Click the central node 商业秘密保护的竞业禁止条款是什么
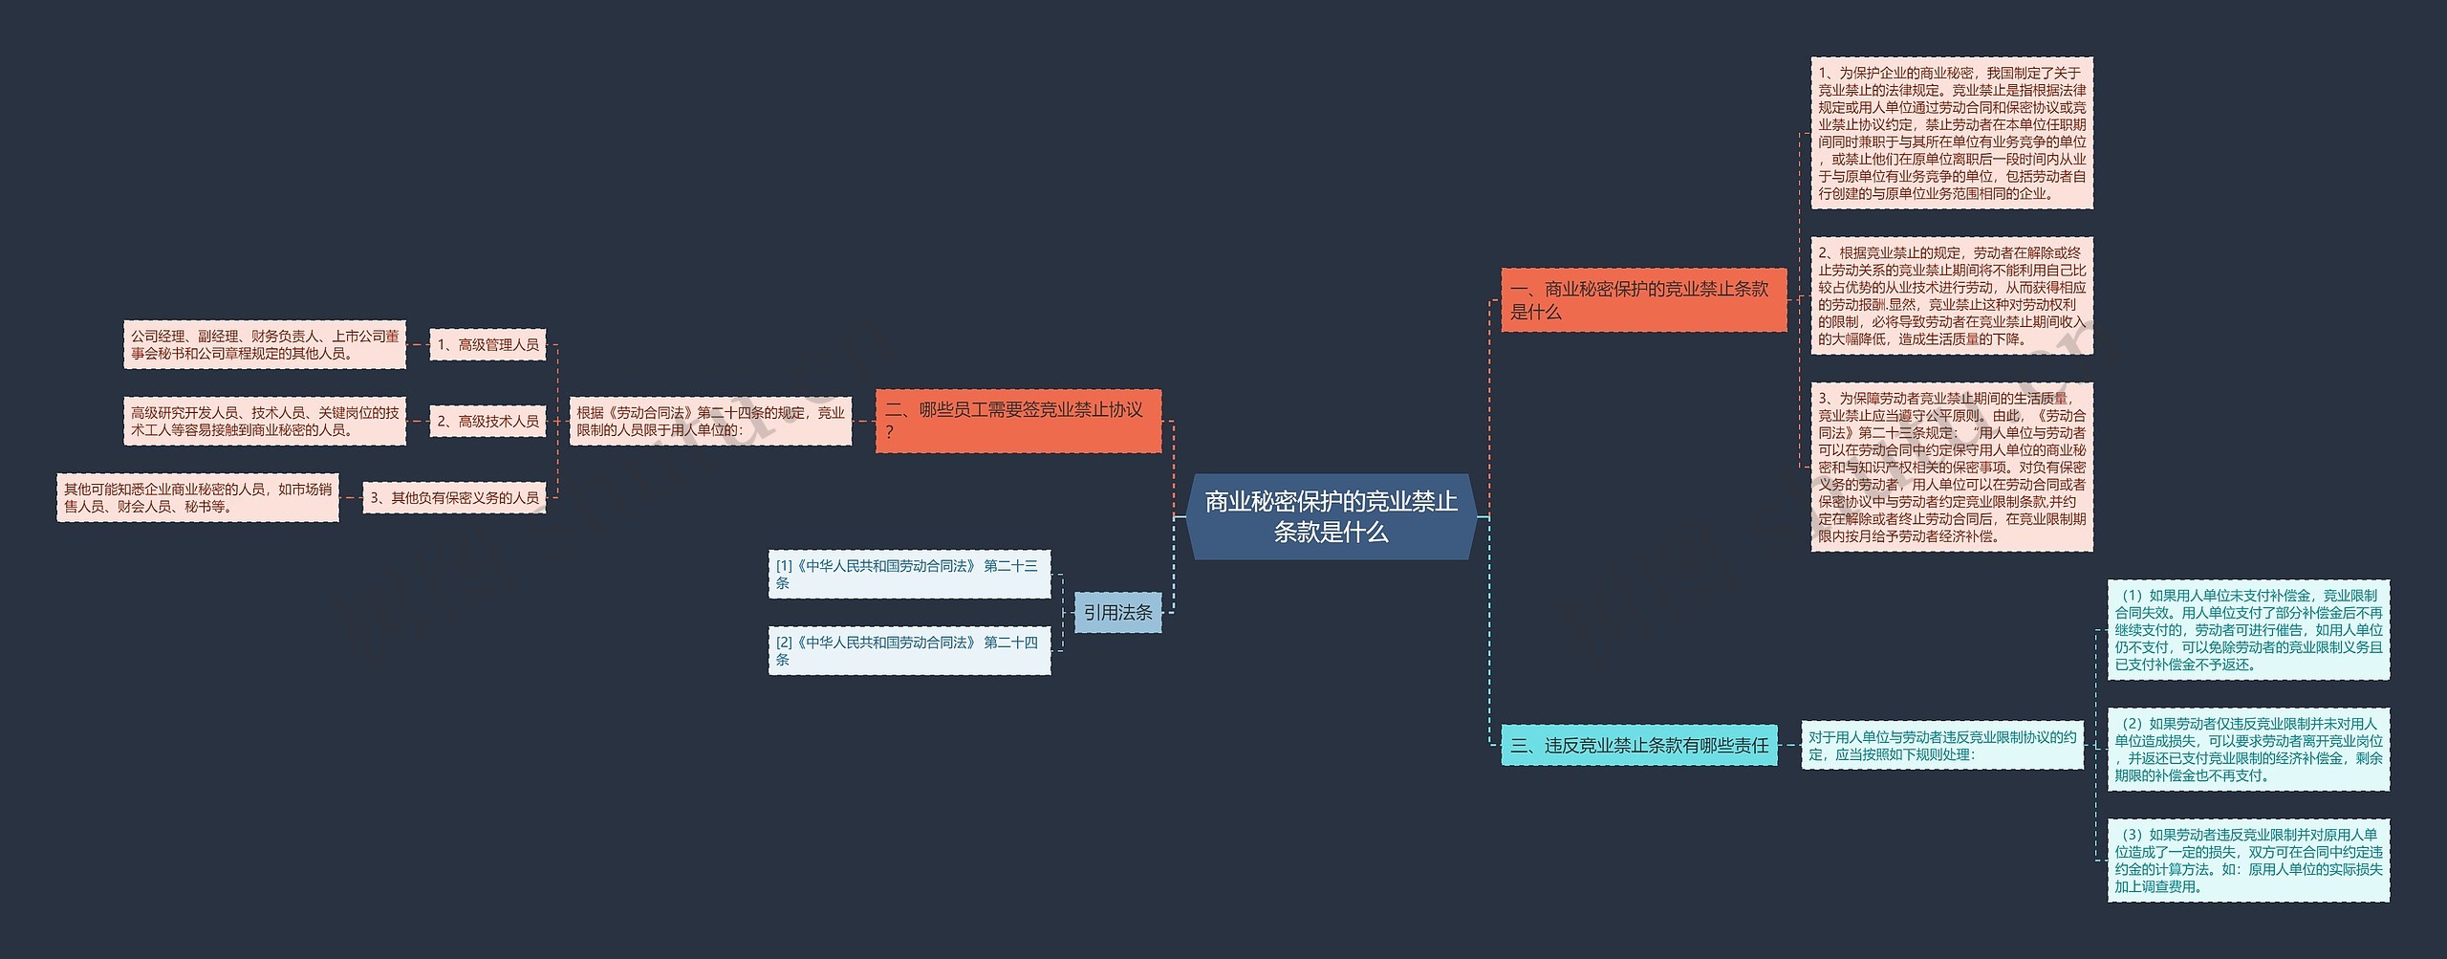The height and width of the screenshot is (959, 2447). click(x=1331, y=516)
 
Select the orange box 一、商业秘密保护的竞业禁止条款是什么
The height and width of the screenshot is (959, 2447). click(x=1643, y=300)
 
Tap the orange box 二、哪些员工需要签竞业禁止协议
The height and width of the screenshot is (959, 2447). click(x=1018, y=421)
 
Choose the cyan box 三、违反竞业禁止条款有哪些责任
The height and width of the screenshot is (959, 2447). click(x=1638, y=745)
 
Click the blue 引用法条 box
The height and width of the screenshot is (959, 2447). click(x=1117, y=612)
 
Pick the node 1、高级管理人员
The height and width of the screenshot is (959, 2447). click(x=487, y=344)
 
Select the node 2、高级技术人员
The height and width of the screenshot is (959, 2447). click(x=487, y=421)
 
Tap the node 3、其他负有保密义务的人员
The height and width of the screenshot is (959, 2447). click(x=454, y=497)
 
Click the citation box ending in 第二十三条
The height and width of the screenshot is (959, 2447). click(x=909, y=574)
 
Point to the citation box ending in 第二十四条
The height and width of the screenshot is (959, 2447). click(x=909, y=650)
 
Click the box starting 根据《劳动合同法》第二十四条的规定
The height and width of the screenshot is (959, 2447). click(x=710, y=421)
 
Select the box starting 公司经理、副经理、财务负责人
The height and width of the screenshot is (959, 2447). click(x=265, y=344)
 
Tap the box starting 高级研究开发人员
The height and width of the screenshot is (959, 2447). click(x=265, y=421)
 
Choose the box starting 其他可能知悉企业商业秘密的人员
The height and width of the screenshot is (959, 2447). click(x=198, y=497)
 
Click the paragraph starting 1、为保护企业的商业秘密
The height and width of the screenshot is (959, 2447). click(x=1952, y=133)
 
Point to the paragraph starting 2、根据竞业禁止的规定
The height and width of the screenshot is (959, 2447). click(x=1952, y=295)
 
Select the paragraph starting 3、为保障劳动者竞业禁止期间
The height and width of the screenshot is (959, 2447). click(x=1952, y=467)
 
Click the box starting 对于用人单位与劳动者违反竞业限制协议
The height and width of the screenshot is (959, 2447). click(x=1942, y=745)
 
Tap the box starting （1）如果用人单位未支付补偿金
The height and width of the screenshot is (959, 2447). click(x=2248, y=629)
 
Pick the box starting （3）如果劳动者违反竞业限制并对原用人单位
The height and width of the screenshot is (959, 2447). click(x=2248, y=860)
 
